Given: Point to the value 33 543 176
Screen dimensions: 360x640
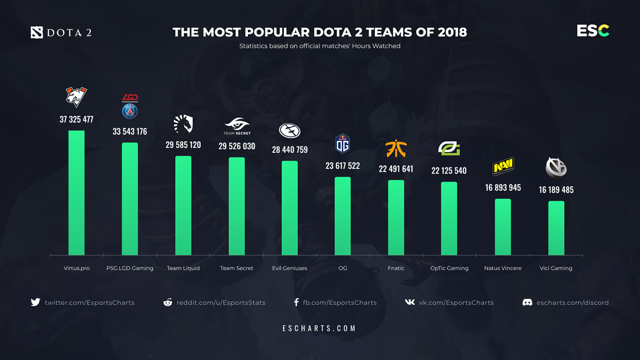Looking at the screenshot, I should click(130, 131).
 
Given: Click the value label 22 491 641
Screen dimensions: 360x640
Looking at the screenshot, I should click(396, 169).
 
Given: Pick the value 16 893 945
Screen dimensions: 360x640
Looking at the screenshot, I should click(503, 187).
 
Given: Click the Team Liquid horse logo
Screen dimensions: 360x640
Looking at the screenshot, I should click(183, 124).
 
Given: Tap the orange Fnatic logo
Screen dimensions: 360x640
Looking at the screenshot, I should click(396, 148).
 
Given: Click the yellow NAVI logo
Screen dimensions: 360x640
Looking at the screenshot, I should click(503, 166).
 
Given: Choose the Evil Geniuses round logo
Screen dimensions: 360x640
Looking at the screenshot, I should click(289, 130).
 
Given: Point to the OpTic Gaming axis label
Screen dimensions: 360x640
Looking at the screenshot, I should click(449, 268).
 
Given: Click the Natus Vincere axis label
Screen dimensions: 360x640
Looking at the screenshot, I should click(503, 268).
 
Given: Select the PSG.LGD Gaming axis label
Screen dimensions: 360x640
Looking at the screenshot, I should click(130, 268).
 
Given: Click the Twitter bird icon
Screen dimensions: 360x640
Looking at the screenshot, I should click(35, 302).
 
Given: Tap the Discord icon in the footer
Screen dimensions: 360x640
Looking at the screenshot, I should click(527, 302).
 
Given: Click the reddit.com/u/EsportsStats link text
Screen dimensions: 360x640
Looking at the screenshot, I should click(221, 302).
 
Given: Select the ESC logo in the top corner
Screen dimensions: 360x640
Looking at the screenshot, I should click(593, 31).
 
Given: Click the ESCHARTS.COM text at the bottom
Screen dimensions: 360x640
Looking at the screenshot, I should click(319, 328).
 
